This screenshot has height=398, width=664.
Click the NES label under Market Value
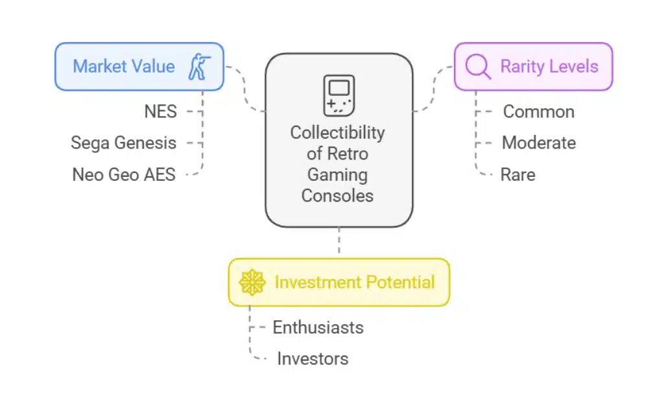tap(160, 111)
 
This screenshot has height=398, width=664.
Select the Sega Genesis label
tap(123, 143)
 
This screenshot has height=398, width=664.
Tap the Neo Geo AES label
tap(124, 174)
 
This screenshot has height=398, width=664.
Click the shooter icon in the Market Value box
tap(199, 67)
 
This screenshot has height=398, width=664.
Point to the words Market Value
tap(123, 67)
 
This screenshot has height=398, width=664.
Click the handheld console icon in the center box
tap(338, 95)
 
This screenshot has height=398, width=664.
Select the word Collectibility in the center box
tap(337, 133)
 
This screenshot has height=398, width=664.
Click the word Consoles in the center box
tap(337, 195)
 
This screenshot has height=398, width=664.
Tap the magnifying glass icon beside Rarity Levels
tap(478, 67)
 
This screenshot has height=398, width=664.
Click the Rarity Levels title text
tap(549, 67)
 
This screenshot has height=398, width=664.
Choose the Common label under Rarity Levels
tap(538, 111)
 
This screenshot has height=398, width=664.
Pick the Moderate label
tap(538, 143)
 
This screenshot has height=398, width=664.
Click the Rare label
tap(517, 174)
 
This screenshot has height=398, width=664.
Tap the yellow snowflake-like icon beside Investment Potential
tap(252, 283)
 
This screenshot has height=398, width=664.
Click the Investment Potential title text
tap(354, 283)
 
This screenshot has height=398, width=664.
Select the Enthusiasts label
tap(318, 327)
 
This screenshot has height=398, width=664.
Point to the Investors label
tap(313, 358)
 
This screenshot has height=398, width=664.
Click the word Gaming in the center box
tap(337, 174)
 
